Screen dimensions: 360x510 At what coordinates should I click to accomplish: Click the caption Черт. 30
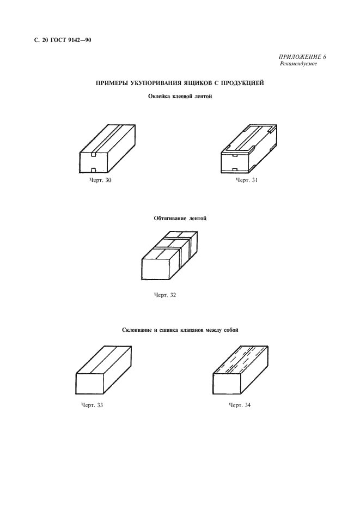100,180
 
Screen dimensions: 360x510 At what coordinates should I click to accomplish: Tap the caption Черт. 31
247,180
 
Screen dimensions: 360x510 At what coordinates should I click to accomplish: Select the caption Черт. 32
165,295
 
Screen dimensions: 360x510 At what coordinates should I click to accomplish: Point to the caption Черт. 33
92,405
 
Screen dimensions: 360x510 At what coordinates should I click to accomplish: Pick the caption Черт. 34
240,405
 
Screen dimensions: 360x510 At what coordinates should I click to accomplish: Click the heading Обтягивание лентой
180,218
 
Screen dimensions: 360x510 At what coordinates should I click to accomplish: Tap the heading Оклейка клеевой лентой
180,96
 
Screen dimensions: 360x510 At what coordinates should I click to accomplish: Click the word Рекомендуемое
298,64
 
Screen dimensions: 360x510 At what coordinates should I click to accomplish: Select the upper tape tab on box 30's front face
93,154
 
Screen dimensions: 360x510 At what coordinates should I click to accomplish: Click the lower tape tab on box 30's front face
93,171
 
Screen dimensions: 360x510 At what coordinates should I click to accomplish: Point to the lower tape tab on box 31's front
235,169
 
